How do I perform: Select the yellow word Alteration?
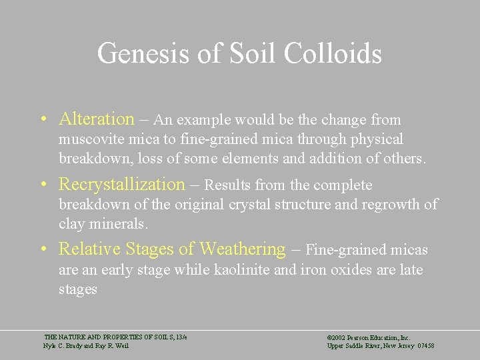97,119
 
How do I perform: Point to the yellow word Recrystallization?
122,184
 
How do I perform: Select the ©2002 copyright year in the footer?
335,338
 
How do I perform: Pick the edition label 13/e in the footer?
181,338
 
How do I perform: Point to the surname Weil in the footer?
122,346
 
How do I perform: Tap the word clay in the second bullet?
71,225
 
